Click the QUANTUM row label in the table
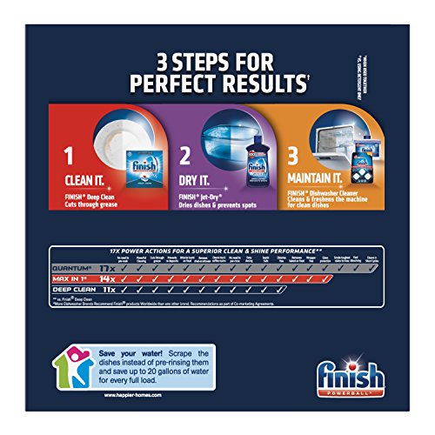click(x=70, y=268)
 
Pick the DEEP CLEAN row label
click(x=69, y=295)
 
